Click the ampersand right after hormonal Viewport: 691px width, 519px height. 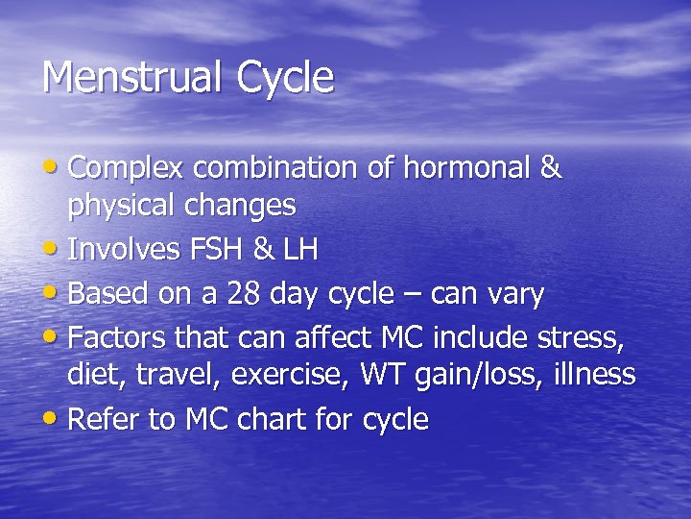(550, 168)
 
